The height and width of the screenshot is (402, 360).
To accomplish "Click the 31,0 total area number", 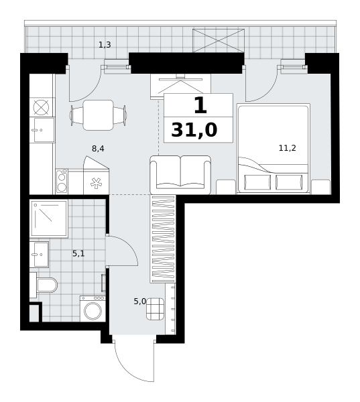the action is pos(194,130).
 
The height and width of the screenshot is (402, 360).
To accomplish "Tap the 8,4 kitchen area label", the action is pos(98,149).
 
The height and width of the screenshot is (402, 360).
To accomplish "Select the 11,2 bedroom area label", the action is pos(288,148).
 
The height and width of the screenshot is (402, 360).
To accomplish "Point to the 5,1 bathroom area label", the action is pos(78,254).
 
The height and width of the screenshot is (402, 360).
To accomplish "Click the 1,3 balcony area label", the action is pos(105,45).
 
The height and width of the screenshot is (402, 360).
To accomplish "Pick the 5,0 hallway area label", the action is pos(139,301).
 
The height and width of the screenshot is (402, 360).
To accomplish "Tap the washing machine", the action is pos(93,309).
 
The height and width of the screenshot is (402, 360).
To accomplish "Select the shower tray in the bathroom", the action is pos(49,218).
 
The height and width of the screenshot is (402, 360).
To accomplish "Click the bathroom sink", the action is pos(40,255).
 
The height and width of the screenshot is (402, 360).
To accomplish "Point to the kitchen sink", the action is pos(42,130).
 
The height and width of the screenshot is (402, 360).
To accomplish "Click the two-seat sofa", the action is pos(180,175).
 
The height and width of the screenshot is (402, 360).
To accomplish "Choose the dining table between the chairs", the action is pos(98,115).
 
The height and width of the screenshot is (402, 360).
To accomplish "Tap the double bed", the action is pos(274,149).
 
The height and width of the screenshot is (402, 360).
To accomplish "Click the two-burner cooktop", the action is pos(62,182).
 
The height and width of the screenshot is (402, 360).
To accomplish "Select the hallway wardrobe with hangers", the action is pos(163,239).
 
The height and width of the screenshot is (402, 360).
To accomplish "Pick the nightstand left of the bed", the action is pos(226,187).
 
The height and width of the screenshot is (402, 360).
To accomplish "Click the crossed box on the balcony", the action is pos(219,40).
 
